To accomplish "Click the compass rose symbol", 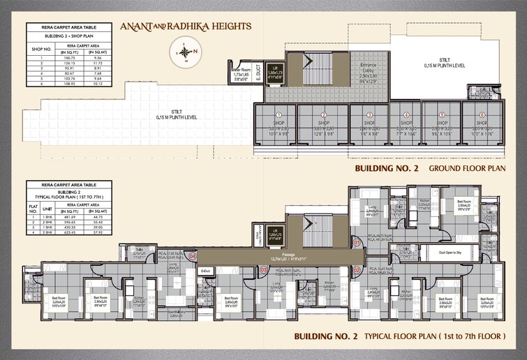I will point(185,52).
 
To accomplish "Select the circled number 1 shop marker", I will point(279,115).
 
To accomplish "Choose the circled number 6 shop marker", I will point(482,115).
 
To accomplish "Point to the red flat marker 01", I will point(356,243).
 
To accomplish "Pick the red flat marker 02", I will point(356,269).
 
